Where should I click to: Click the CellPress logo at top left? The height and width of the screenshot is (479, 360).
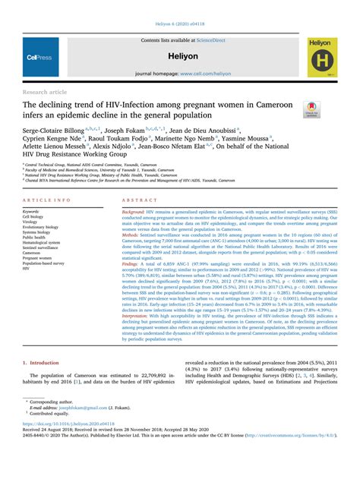click(39, 57)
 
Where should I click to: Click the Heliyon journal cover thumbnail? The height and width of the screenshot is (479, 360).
click(323, 57)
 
